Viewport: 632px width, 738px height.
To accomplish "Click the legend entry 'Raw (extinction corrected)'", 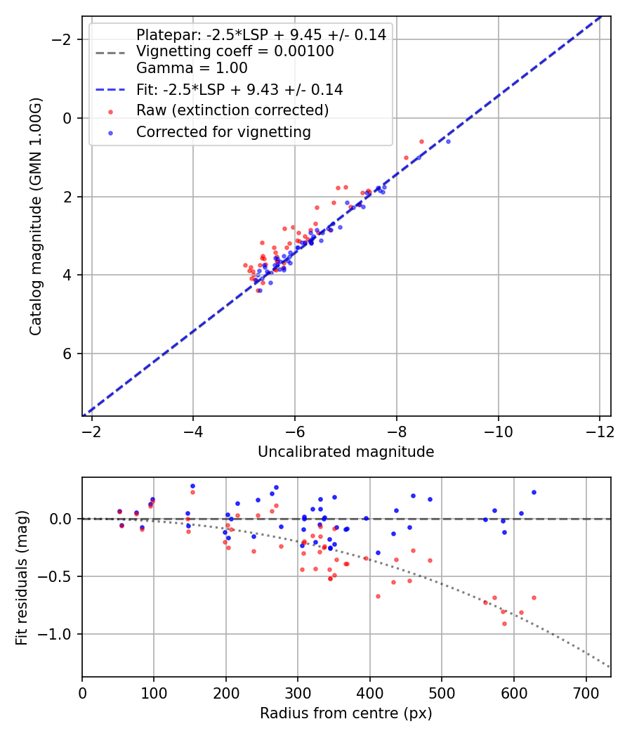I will [232, 110].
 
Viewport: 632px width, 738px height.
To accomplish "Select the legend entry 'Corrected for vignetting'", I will [223, 131].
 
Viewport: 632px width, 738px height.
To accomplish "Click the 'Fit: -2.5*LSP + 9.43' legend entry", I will [239, 90].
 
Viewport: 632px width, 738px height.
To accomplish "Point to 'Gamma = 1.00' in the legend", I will [192, 68].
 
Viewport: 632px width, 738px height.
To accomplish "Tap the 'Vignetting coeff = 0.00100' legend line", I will [235, 51].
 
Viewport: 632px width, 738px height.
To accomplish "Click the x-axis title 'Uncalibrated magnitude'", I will [345, 452].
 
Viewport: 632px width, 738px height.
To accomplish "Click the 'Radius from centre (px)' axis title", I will [345, 713].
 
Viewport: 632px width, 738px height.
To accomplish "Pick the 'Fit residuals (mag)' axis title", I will [22, 577].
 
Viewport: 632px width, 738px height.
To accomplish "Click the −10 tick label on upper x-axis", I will [498, 431].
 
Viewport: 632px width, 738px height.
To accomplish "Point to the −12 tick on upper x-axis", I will [599, 431].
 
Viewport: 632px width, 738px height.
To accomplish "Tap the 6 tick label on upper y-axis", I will [68, 354].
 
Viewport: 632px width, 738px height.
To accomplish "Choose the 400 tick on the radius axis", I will [369, 692].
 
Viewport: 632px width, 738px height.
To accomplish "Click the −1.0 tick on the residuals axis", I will [59, 634].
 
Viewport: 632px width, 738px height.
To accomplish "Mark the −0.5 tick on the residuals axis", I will [59, 576].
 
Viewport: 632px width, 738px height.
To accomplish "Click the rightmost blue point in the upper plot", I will [448, 141].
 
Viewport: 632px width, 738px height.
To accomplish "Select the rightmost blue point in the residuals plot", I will [534, 493].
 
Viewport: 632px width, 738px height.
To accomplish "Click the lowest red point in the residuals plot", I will [504, 623].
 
